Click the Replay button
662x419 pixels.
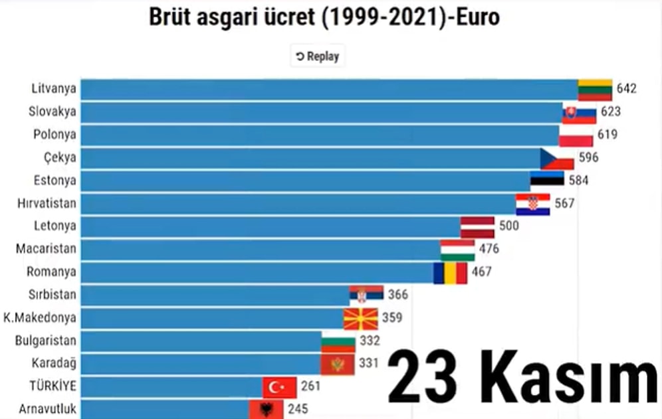click(318, 56)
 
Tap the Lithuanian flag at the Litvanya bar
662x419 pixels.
click(594, 90)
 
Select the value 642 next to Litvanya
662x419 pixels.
click(626, 89)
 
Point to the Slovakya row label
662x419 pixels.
click(53, 112)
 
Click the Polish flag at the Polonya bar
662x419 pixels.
click(576, 135)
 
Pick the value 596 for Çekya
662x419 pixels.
click(588, 158)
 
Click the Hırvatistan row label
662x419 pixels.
click(47, 203)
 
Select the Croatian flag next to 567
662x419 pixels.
click(532, 204)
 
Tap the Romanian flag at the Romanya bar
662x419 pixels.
click(450, 272)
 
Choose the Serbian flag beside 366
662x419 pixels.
click(366, 295)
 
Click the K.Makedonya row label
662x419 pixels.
click(40, 318)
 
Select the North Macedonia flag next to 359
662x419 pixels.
click(360, 319)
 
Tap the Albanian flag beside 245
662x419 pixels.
click(266, 409)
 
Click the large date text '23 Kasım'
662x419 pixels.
click(522, 377)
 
